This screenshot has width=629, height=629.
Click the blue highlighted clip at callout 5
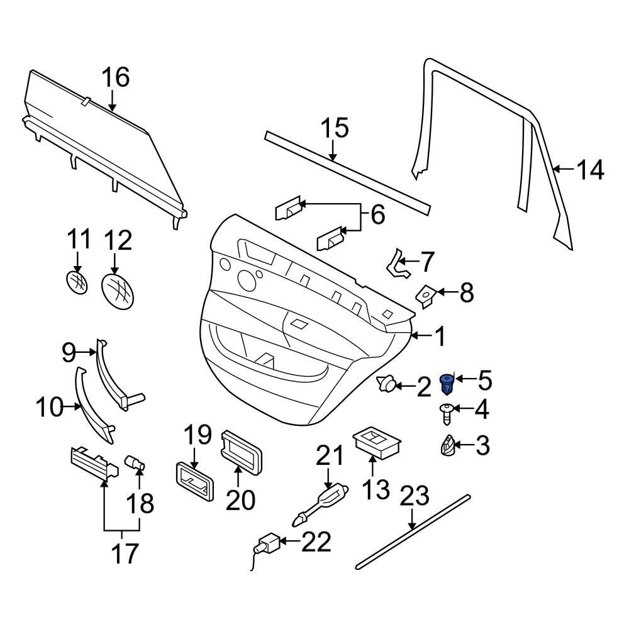[x=447, y=384]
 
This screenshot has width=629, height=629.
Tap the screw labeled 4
[x=446, y=414]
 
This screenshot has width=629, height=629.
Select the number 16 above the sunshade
[x=116, y=77]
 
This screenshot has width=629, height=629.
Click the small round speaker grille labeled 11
[x=77, y=282]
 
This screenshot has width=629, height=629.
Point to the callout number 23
[x=415, y=496]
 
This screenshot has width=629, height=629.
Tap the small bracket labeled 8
[x=426, y=296]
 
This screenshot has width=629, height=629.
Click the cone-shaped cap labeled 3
[x=447, y=445]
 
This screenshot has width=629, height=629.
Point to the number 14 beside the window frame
[x=590, y=170]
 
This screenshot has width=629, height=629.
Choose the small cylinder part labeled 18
[x=135, y=462]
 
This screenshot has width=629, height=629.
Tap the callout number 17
[x=125, y=553]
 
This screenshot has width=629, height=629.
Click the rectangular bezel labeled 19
[x=194, y=481]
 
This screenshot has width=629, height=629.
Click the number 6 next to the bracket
[x=378, y=214]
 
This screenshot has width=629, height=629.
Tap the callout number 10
[x=50, y=407]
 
